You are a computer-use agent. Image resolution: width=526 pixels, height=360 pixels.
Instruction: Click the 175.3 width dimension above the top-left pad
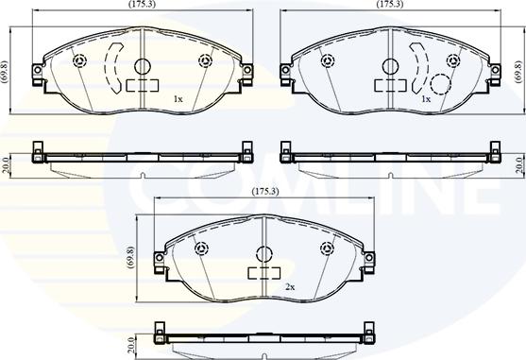click(x=142, y=4)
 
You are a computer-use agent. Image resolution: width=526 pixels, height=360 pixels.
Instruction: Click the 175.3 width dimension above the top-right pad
click(x=390, y=4)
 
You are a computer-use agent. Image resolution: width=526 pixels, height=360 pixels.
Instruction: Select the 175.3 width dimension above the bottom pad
click(x=265, y=192)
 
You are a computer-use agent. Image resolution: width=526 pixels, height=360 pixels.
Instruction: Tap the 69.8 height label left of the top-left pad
click(x=5, y=71)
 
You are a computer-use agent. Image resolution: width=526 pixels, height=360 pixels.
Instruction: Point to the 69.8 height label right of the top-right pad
click(x=518, y=71)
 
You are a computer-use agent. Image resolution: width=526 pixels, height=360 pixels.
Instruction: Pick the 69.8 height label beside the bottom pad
click(x=130, y=257)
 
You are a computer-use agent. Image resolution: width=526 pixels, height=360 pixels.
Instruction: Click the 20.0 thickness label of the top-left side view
click(x=5, y=164)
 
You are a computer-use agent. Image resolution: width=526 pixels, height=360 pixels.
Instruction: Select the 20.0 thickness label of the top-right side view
click(x=520, y=164)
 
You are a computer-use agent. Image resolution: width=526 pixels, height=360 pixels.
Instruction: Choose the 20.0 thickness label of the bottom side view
click(x=131, y=346)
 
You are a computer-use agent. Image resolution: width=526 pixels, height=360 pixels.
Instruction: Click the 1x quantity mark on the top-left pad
click(x=178, y=99)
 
